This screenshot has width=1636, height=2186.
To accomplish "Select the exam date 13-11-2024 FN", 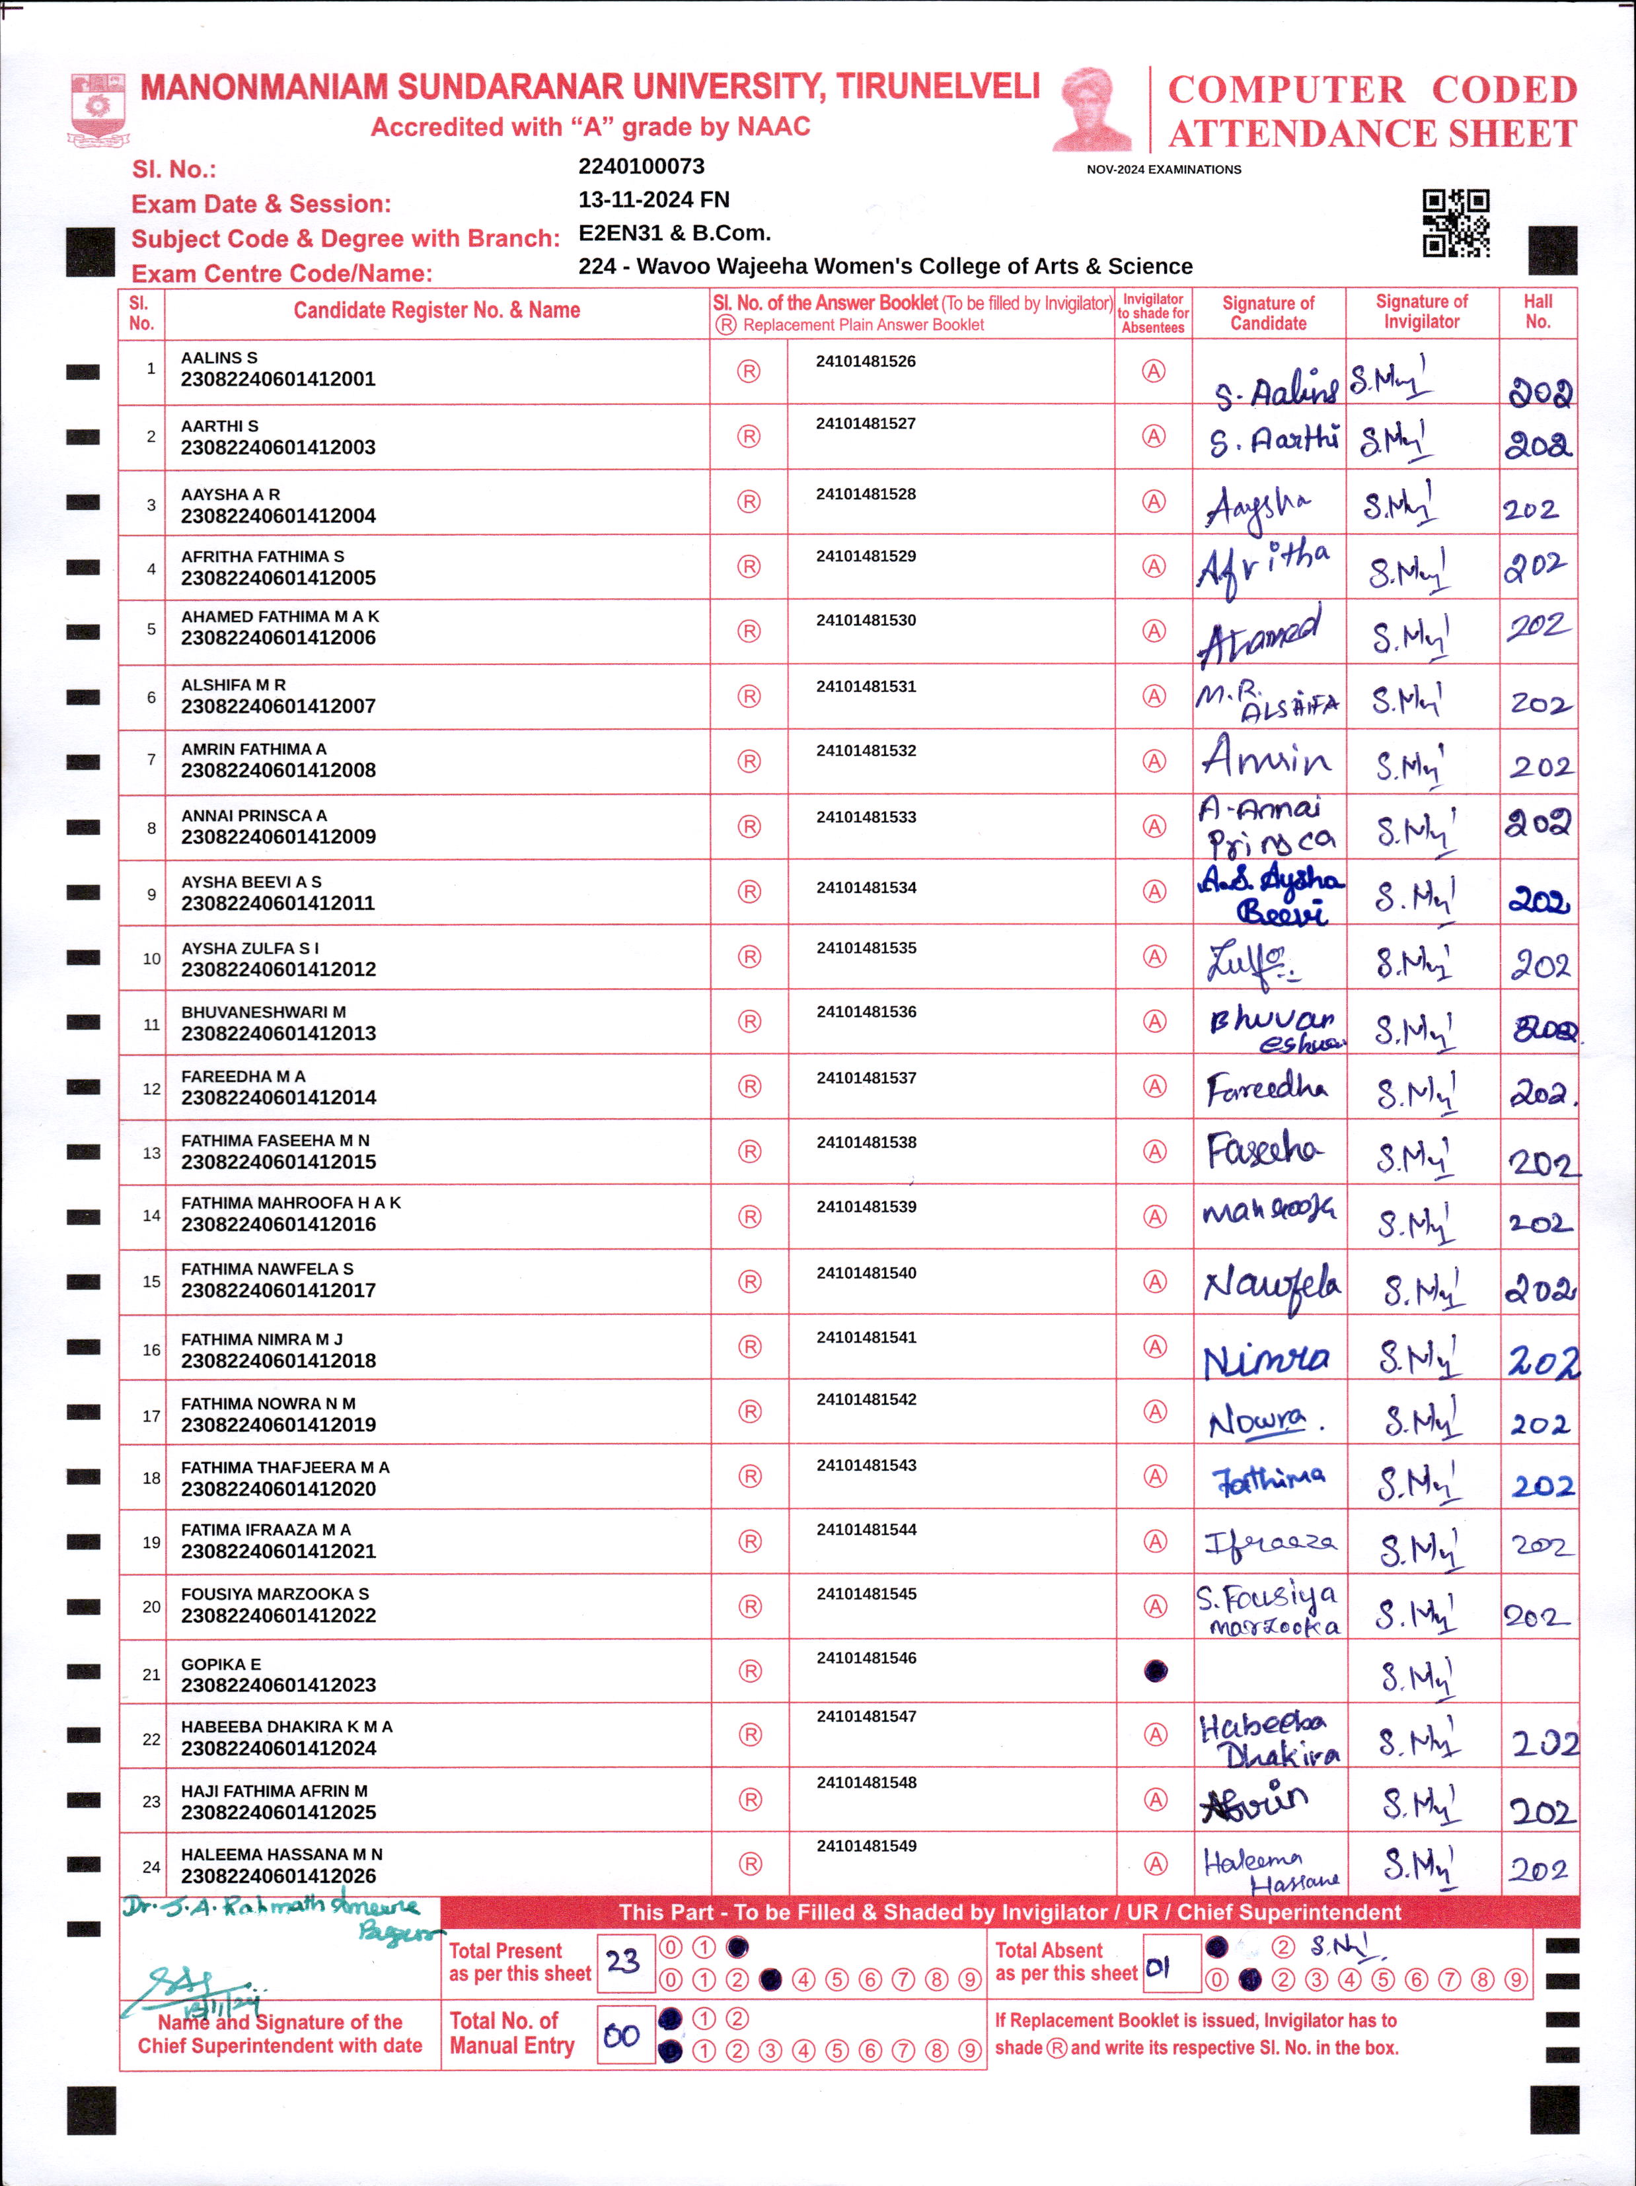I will pos(653,199).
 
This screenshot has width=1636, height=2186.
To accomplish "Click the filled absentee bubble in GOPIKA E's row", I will pos(1154,1671).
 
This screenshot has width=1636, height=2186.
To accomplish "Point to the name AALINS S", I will pos(219,358).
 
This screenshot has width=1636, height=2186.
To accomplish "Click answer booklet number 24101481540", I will pos(866,1273).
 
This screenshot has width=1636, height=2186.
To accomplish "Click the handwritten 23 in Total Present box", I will pos(623,1961).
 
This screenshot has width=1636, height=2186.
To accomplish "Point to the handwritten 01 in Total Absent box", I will pos(1158,1967).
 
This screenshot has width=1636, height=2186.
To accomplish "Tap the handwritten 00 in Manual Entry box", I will pos(622,2035).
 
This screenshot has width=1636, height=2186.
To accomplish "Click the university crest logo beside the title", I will pos(98,109).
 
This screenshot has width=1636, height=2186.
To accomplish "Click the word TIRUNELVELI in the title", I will pos(937,87).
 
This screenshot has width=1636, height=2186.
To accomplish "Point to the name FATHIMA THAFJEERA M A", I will pos(285,1467).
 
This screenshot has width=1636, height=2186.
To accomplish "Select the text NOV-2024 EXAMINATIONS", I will pos(1164,170).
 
